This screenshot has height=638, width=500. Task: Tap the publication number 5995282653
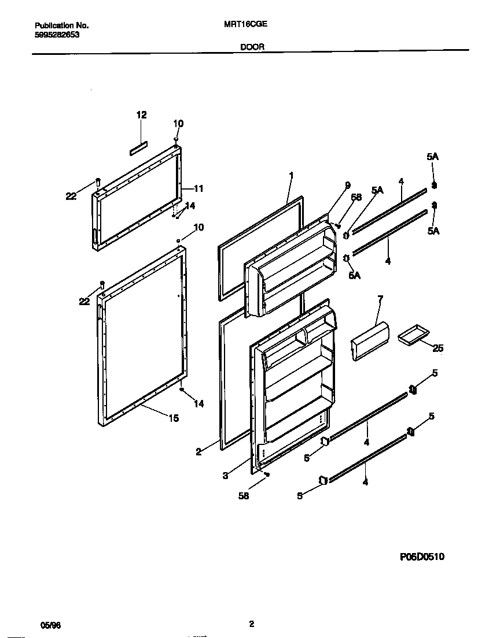pos(57,35)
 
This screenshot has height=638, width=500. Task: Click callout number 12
pos(141,115)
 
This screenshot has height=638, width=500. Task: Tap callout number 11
pos(198,188)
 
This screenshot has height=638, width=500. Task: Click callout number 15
pos(174,418)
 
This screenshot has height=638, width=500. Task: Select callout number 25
pos(438,348)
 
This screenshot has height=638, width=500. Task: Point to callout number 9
pos(347,185)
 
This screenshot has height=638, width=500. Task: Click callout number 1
pos(292,175)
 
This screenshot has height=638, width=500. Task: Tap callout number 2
pos(198,452)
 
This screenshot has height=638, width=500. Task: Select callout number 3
pos(226,476)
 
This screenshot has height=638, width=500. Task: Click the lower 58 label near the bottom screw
pos(244,496)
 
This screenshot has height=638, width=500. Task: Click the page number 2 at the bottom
pos(251,624)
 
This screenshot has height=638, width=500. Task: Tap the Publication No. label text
pos(62,25)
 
